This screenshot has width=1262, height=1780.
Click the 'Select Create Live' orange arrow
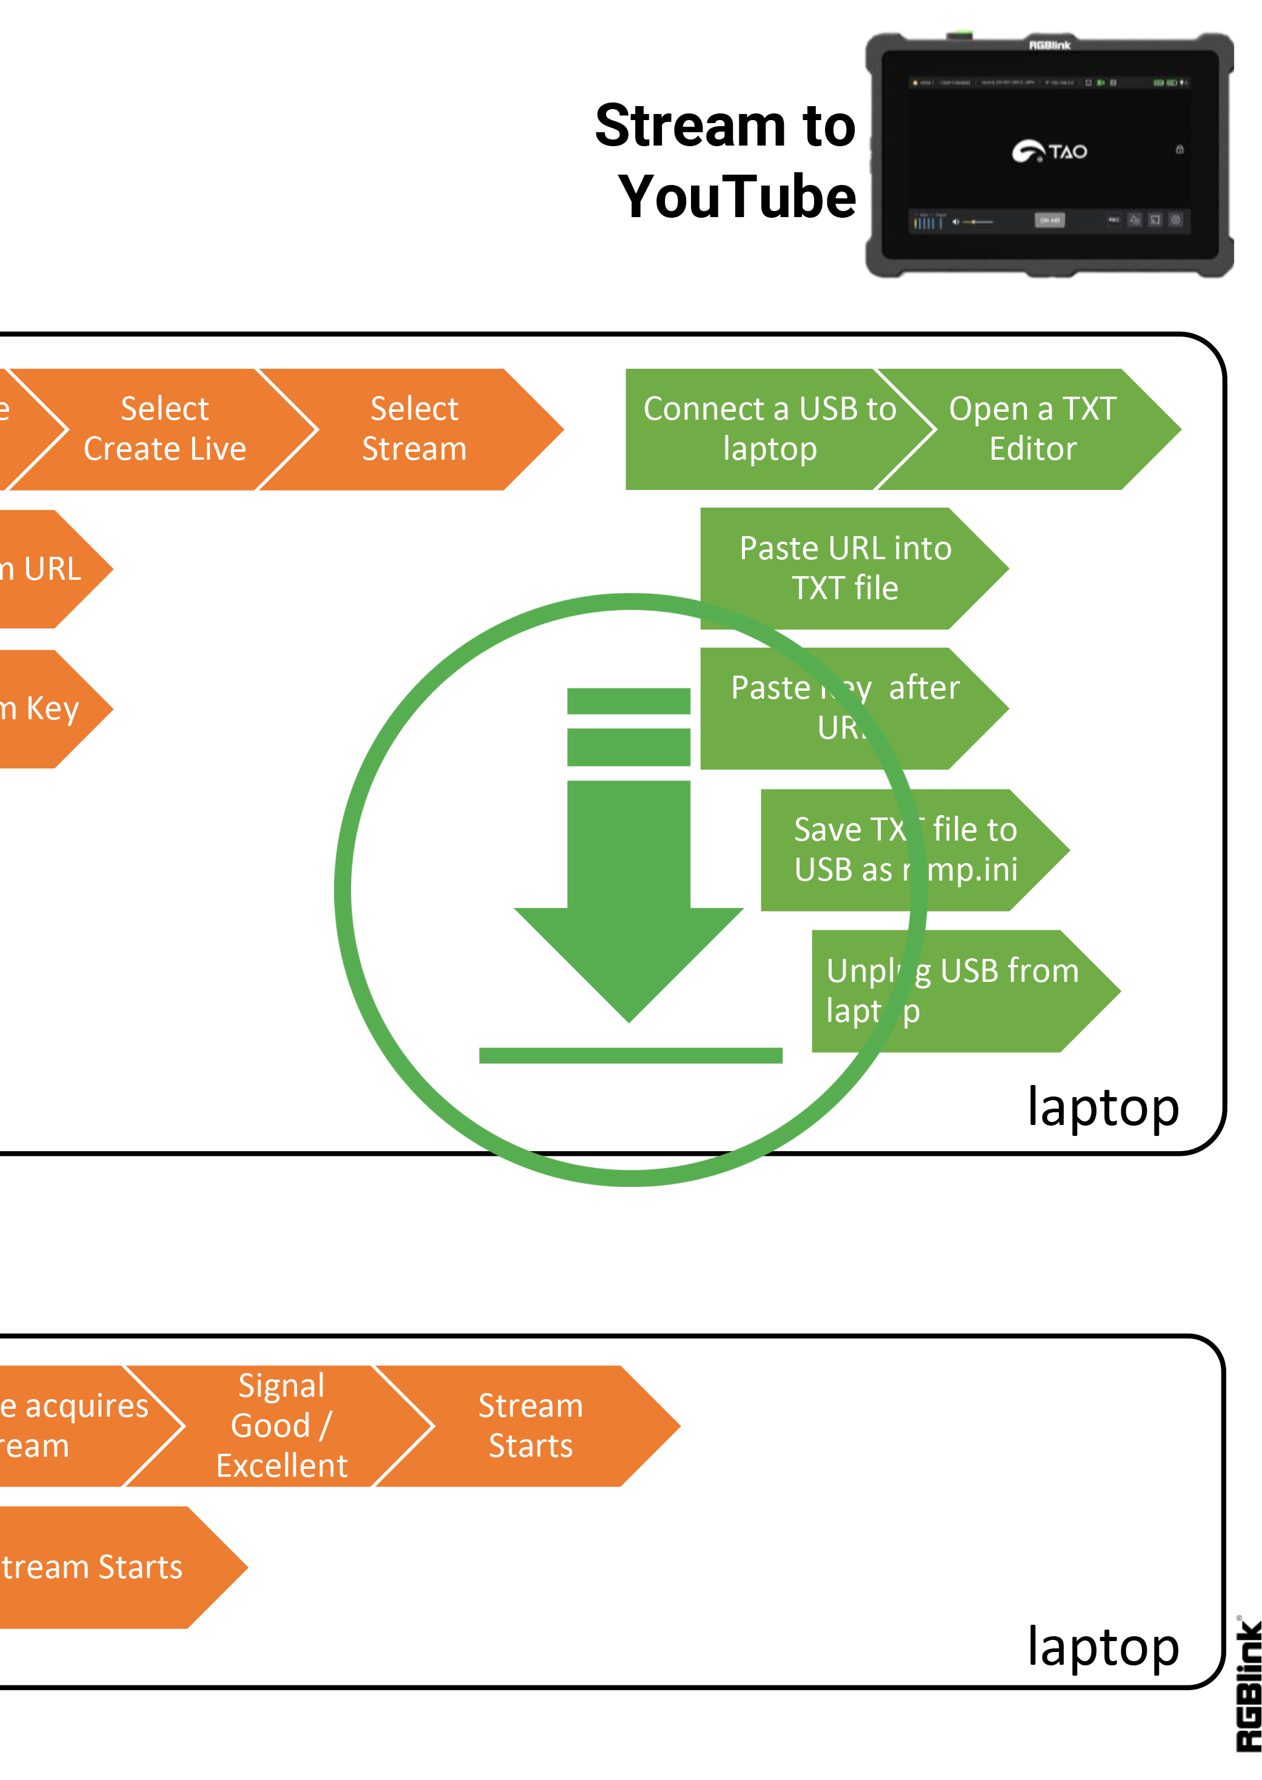click(165, 429)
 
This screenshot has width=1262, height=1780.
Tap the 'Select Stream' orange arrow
click(414, 429)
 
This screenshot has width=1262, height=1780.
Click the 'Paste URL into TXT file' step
click(846, 568)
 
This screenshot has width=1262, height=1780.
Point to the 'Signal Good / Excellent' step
click(281, 1426)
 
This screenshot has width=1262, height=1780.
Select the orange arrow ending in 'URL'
click(47, 569)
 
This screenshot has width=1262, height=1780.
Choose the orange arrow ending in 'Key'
click(47, 709)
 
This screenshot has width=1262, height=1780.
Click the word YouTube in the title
click(736, 196)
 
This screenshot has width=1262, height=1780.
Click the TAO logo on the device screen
click(1049, 151)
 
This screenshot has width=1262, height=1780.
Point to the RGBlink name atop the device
click(1049, 45)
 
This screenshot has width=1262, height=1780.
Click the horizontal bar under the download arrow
click(630, 1055)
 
